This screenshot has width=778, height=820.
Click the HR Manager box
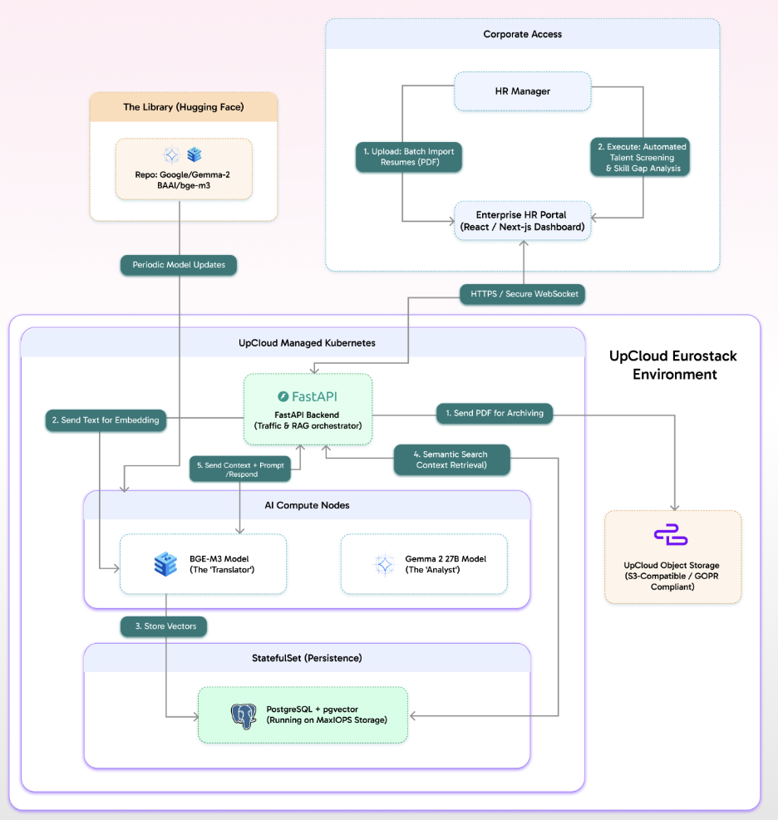point(522,91)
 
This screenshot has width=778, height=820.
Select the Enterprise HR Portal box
point(522,221)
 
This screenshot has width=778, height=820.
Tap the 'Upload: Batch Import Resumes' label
point(408,158)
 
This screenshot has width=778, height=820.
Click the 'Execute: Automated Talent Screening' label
point(641,158)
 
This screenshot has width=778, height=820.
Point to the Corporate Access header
point(522,34)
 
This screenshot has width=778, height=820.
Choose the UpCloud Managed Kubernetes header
point(302,342)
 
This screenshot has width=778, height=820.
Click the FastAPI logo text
point(308,396)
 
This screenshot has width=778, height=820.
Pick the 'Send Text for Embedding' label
point(105,420)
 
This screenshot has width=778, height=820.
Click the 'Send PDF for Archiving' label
point(494,413)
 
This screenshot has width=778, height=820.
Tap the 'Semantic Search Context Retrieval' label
point(451,459)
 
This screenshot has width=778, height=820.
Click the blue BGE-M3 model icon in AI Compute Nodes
point(165,564)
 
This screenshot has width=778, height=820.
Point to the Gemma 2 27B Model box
point(424,564)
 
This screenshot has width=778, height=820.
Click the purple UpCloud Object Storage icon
point(671,536)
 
